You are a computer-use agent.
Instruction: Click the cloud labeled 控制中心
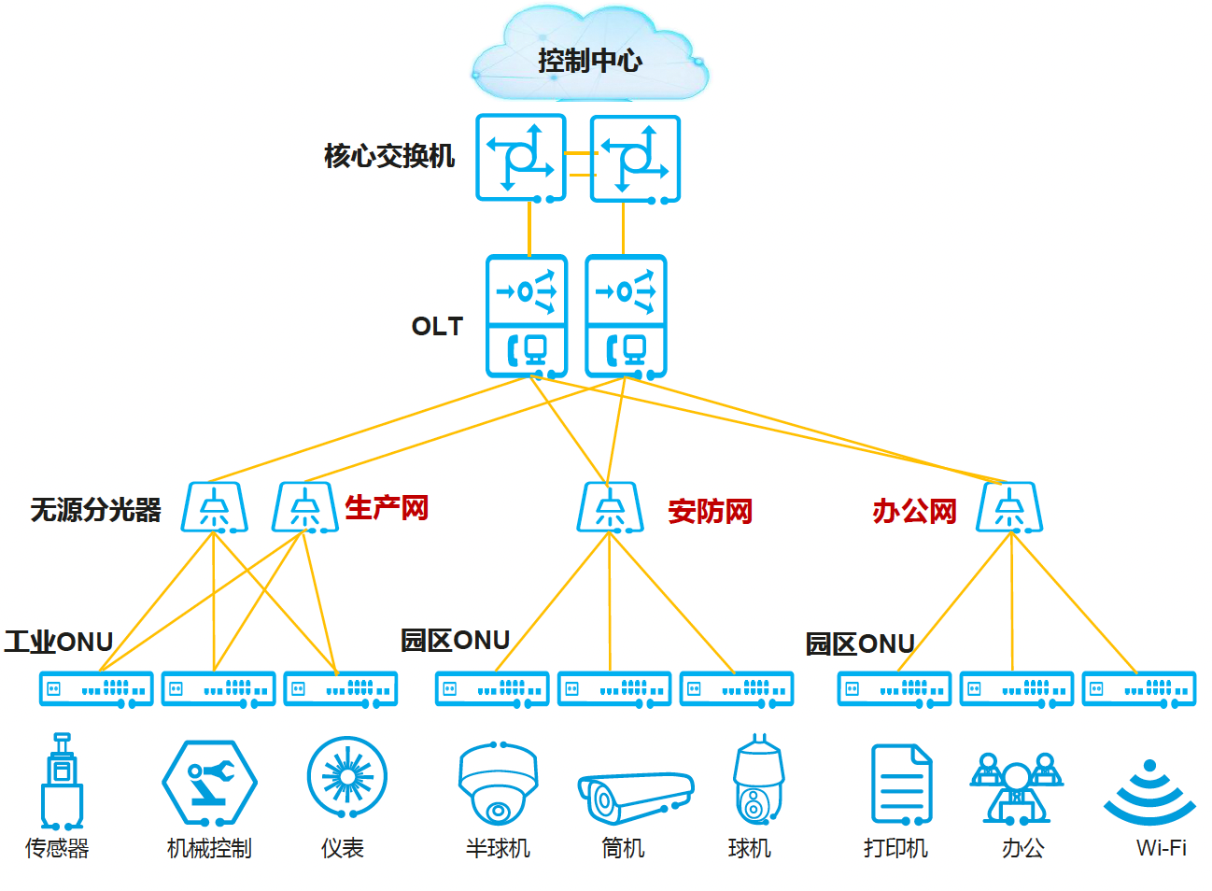[589, 59]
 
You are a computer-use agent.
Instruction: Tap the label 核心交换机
[389, 155]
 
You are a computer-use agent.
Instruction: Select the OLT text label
[437, 326]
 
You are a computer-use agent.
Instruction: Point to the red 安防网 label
[710, 511]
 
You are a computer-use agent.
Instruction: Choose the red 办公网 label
[914, 511]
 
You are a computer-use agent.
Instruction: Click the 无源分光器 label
[95, 509]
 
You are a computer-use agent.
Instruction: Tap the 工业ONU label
[59, 642]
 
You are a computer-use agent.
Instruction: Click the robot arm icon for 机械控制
[209, 783]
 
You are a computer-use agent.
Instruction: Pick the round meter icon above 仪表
[346, 777]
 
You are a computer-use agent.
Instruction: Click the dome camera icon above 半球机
[498, 783]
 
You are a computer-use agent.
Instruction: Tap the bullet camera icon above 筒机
[635, 796]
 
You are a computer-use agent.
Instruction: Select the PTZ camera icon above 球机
[758, 780]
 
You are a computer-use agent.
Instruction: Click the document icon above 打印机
[901, 784]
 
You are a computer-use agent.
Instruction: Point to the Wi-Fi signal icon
[1149, 792]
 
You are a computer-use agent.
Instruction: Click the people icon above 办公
[1016, 787]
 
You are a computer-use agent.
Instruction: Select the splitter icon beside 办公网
[1009, 507]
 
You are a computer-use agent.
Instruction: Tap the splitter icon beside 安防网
[610, 507]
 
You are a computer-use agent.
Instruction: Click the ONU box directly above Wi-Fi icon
[1139, 689]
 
